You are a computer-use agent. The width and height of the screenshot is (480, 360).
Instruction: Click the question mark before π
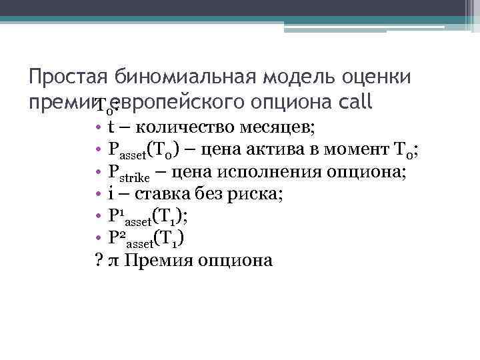pos(99,259)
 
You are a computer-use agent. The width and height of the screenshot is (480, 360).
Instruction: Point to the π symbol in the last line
pos(113,260)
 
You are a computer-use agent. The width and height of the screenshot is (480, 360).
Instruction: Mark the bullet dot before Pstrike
pos(98,172)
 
